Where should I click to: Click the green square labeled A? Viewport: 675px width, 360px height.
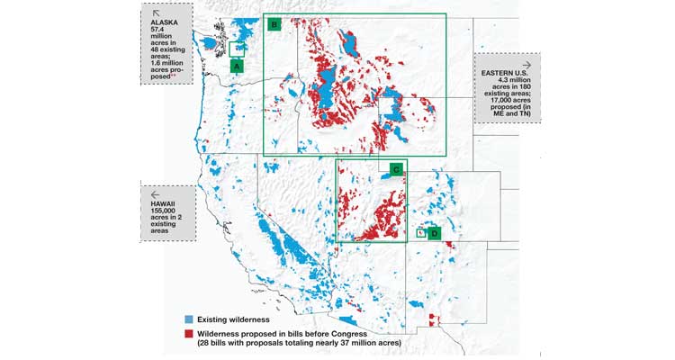[x=237, y=66]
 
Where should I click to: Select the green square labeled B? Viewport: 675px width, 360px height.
[x=274, y=24]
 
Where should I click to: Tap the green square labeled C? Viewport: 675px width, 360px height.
[x=395, y=168]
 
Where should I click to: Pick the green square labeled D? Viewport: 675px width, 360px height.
[x=435, y=233]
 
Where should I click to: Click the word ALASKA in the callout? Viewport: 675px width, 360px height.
[x=165, y=22]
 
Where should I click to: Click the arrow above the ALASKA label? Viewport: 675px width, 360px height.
[x=156, y=13]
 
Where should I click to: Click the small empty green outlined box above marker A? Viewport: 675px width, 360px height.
[x=238, y=49]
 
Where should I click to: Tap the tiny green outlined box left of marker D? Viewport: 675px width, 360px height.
[x=420, y=232]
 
